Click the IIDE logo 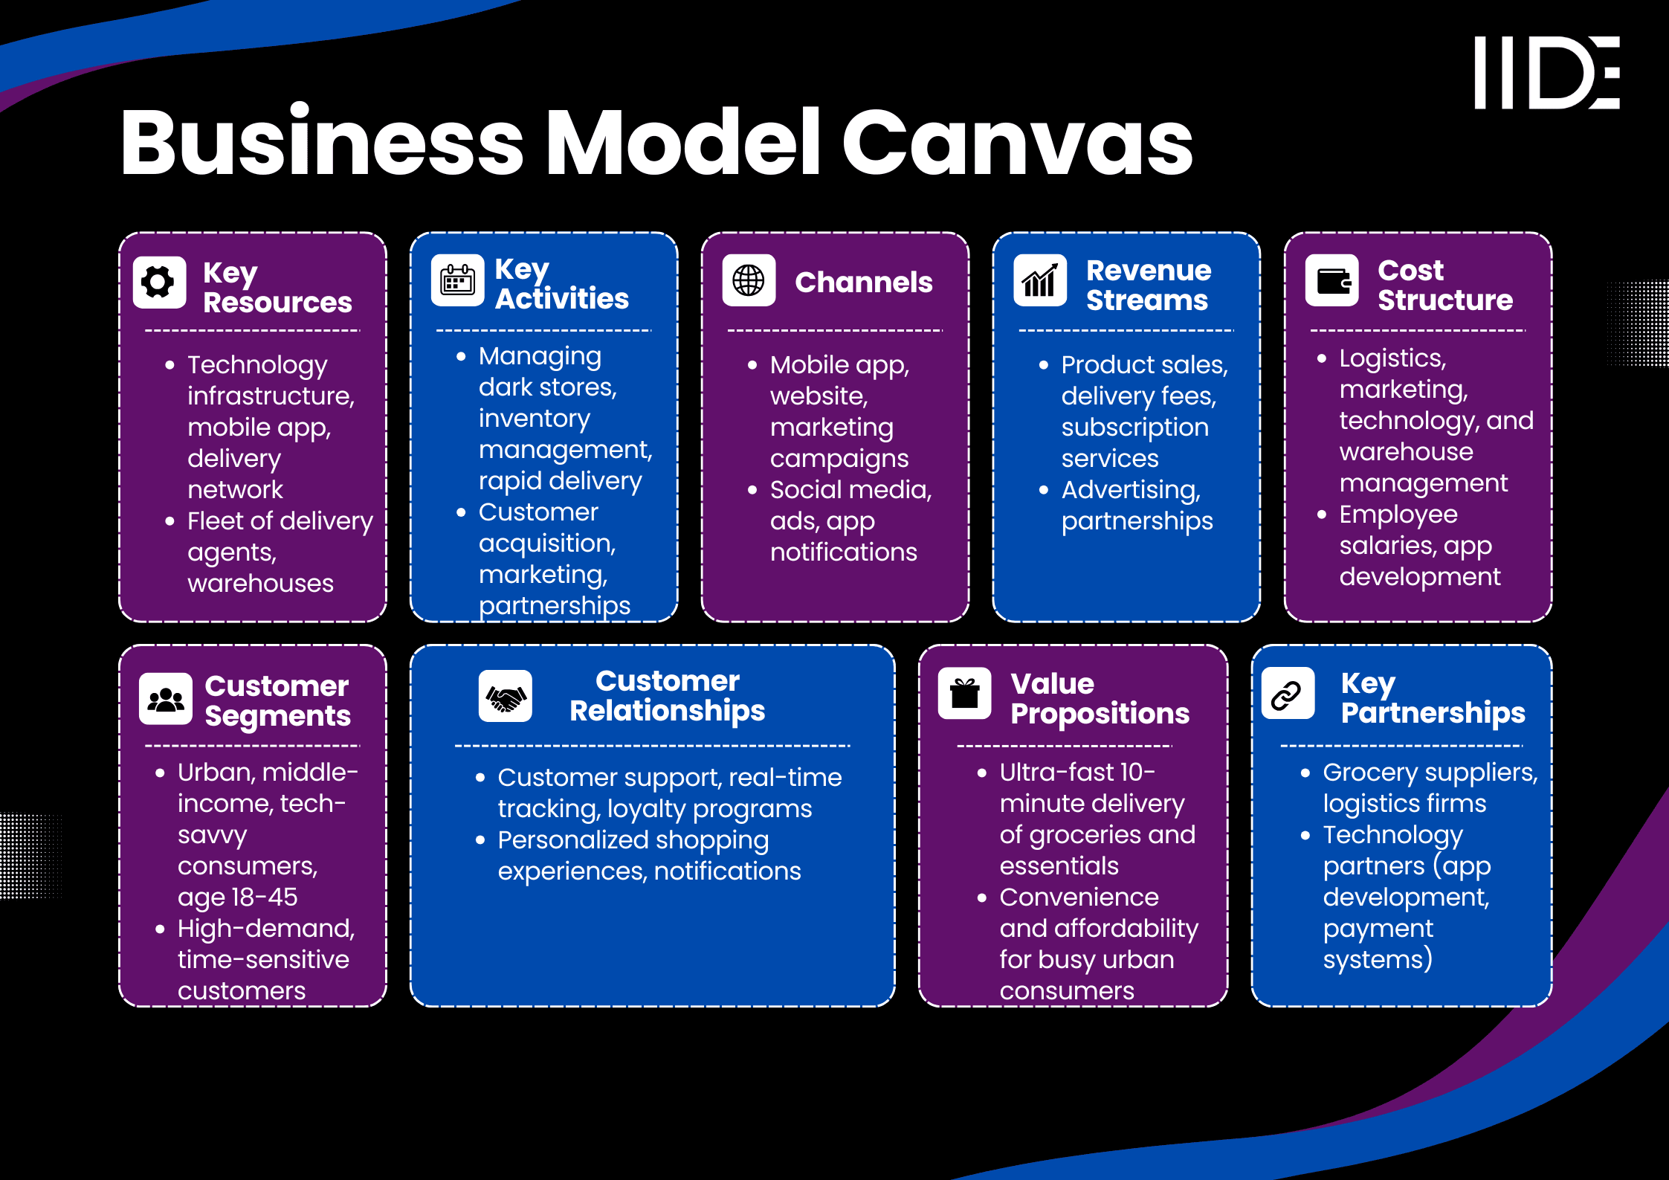coord(1546,72)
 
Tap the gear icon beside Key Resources coord(159,282)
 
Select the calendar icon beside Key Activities coord(457,280)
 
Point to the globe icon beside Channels coord(749,280)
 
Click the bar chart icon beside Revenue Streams coord(1040,280)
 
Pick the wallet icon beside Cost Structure coord(1332,280)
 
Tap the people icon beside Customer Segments coord(166,699)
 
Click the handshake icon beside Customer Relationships coord(506,697)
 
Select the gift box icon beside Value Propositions coord(964,694)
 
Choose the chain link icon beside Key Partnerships coord(1288,694)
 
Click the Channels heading coord(863,283)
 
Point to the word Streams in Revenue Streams coord(1146,300)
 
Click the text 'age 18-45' coord(237,897)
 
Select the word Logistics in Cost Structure coord(1392,358)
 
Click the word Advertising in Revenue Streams coord(1130,490)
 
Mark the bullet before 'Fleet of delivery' coord(170,521)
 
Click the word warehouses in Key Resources coord(260,584)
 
